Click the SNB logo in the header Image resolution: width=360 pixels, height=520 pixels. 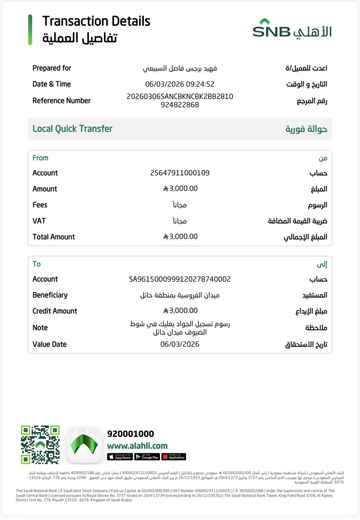(x=292, y=29)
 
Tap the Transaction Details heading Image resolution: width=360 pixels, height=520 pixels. (x=96, y=21)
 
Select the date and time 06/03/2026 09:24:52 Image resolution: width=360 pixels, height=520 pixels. (x=180, y=84)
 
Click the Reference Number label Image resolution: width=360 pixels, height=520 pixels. (x=61, y=101)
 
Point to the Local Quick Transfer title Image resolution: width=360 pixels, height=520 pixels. (x=73, y=129)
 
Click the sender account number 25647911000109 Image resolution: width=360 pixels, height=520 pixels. (x=180, y=173)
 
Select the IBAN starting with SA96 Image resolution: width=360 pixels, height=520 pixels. (x=180, y=279)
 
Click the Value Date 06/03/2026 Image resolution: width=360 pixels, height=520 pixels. (x=180, y=344)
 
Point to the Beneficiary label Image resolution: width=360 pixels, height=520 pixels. (x=50, y=295)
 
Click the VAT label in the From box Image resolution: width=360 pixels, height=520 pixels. (x=39, y=221)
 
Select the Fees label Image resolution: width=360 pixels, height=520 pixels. (x=40, y=205)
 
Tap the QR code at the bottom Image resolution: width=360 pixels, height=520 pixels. (x=40, y=445)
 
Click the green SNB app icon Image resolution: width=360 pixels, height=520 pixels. (x=84, y=445)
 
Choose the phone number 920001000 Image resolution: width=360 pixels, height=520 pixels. (x=130, y=434)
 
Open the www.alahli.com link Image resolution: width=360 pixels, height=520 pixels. (x=137, y=446)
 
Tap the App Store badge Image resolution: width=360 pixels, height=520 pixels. (x=120, y=457)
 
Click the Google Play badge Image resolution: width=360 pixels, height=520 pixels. (x=147, y=457)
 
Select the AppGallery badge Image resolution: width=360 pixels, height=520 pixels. (x=174, y=457)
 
